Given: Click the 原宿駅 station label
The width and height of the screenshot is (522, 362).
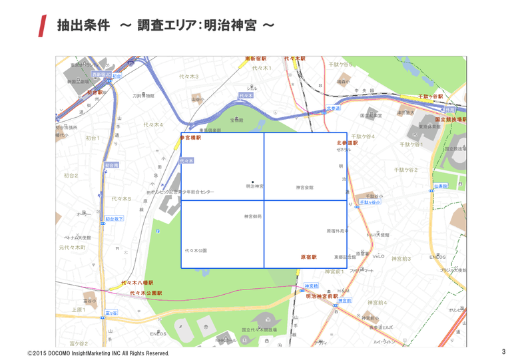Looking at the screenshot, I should click(x=308, y=256).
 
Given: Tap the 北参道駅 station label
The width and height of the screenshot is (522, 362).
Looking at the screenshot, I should click(x=347, y=142).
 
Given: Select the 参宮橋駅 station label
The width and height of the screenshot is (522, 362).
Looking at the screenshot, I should click(x=190, y=138).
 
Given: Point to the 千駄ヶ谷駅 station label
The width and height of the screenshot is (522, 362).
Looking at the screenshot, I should click(x=430, y=96).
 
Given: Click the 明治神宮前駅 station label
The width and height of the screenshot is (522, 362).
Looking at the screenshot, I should click(x=322, y=295).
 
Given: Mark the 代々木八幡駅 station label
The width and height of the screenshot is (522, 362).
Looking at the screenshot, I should click(x=136, y=283).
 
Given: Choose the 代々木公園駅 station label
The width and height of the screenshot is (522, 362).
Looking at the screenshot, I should click(x=146, y=293).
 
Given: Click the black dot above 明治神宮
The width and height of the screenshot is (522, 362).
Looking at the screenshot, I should click(x=252, y=181).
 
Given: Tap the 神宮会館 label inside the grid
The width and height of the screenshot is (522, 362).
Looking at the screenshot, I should click(x=304, y=188).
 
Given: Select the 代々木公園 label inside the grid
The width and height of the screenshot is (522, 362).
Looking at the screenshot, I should click(x=196, y=251).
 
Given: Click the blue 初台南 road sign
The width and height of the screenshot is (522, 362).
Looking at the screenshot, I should click(x=111, y=165).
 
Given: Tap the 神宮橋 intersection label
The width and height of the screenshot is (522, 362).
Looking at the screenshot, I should click(x=311, y=286).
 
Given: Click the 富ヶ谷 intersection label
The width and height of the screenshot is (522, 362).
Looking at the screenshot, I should click(x=111, y=312).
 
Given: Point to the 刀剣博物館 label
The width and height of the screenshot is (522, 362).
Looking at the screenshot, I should click(x=143, y=96).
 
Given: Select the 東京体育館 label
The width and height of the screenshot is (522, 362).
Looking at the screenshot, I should click(x=429, y=126).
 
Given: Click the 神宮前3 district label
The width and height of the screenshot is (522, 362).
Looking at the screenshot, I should click(x=401, y=259).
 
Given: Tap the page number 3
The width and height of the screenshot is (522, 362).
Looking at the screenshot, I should click(x=503, y=351).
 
